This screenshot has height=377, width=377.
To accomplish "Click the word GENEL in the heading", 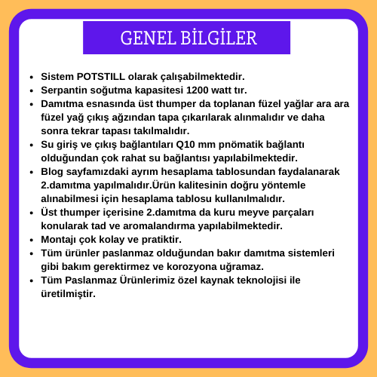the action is coord(148,38).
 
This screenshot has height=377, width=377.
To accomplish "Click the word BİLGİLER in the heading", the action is coord(219,38).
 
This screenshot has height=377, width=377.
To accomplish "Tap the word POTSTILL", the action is coord(100,77).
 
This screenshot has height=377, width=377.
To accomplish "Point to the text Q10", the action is coord(185,145).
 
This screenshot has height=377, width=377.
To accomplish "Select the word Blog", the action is coord(52,172).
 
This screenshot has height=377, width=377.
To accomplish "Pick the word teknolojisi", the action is coord(262,280).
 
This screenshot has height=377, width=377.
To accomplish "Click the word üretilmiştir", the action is coord(69,294).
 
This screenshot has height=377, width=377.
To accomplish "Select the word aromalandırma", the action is coord(159,226).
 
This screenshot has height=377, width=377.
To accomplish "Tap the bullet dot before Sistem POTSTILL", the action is coord(32,77).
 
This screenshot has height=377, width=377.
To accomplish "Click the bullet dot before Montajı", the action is coord(32,240).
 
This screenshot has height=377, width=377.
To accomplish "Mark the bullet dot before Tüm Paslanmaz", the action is coord(32,280).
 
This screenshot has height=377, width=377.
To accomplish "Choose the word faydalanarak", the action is coord(308,172).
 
